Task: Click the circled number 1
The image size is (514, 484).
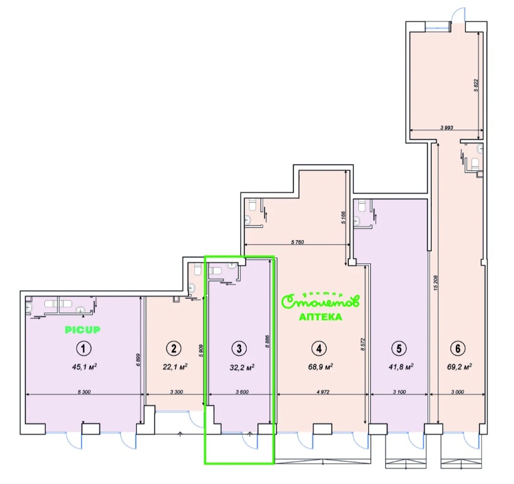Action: pos(82,347)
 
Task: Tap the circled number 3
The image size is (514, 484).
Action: pos(239,347)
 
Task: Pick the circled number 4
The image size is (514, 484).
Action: pos(320,347)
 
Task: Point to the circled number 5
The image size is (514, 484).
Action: pos(398,347)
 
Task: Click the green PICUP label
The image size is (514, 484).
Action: pos(83,330)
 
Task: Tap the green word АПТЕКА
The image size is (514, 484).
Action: pos(320,316)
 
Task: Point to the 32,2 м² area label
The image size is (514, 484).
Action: pos(240,366)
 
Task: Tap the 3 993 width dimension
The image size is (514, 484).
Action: pos(448,127)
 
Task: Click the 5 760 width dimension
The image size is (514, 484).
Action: pos(297,241)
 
